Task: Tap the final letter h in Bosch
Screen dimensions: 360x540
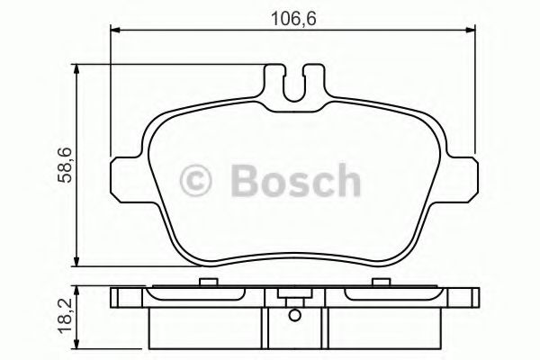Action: pos(345,180)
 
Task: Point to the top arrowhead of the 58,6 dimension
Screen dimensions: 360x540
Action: pos(79,69)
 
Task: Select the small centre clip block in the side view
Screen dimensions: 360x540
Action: pos(293,296)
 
